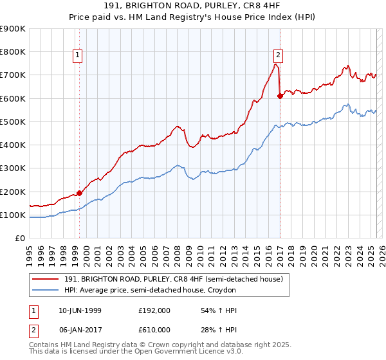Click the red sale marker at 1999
80,193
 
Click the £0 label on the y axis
19,239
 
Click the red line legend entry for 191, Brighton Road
173,279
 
